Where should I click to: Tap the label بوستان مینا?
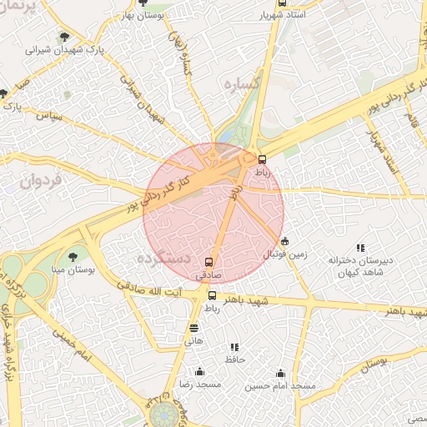72,270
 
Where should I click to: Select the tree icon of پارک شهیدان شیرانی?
65,36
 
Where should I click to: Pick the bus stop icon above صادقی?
208,260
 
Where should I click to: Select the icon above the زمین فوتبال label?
284,240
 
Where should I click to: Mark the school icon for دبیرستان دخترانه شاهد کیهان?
360,248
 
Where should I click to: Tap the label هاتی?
193,341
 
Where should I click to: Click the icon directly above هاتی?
194,328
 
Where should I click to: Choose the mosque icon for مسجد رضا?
198,372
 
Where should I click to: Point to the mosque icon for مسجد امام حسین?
280,373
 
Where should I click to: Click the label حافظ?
234,359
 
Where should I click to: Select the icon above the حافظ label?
234,347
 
